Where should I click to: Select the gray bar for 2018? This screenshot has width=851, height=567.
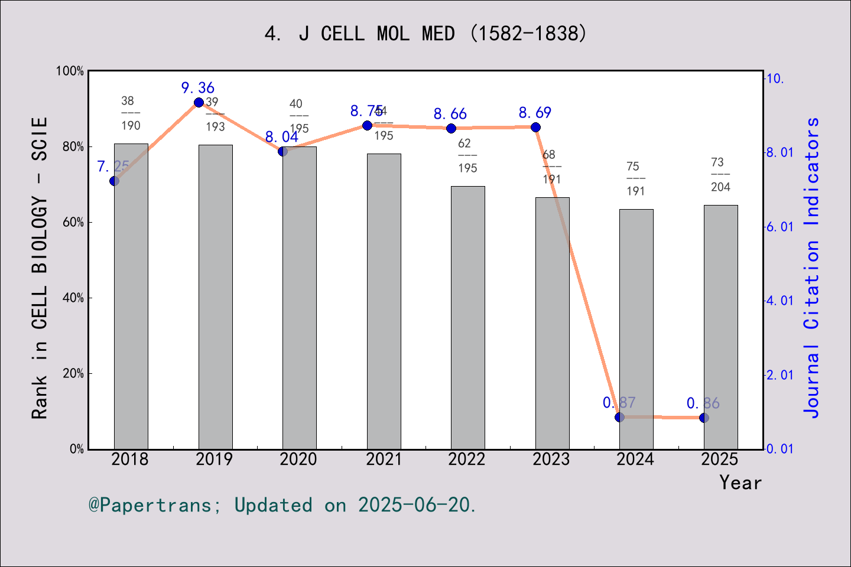tap(131, 295)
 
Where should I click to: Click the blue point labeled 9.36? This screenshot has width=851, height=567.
tap(199, 103)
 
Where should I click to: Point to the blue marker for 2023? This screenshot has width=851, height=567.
tap(535, 127)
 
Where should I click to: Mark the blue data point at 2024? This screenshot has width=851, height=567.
tap(619, 417)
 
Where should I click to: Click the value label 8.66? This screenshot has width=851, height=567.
tap(450, 114)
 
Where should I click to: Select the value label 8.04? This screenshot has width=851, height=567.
tap(281, 137)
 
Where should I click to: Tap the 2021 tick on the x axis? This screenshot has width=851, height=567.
tap(384, 459)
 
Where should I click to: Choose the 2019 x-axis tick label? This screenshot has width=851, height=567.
tap(215, 459)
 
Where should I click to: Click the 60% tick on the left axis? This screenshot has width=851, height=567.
tap(73, 223)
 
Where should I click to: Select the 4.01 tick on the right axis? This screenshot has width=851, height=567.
tap(779, 301)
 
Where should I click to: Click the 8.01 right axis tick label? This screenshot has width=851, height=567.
tap(779, 152)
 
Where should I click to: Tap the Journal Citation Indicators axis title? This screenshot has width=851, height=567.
tap(812, 268)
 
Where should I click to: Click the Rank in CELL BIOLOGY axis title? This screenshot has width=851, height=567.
tap(39, 268)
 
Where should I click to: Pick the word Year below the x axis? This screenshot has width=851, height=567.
tap(740, 483)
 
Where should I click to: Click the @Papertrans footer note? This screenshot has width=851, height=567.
tap(282, 505)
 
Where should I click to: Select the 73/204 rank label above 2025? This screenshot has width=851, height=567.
tap(720, 175)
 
